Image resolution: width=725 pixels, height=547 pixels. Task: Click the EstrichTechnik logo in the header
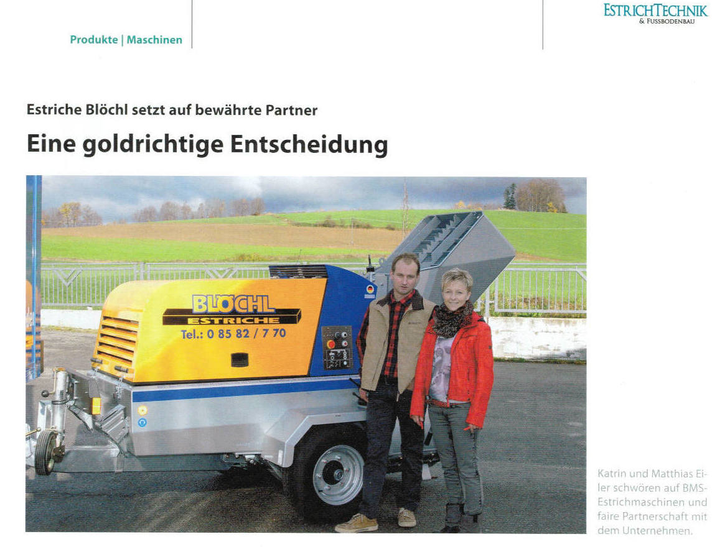click(x=655, y=12)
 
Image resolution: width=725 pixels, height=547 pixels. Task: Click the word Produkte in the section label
click(x=94, y=40)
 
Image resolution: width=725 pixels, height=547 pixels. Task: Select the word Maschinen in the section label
click(x=155, y=40)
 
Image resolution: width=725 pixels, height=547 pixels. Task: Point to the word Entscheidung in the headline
click(x=309, y=144)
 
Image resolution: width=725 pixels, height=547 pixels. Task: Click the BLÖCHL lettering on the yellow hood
click(x=233, y=303)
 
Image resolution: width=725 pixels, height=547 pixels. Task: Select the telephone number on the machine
click(x=233, y=334)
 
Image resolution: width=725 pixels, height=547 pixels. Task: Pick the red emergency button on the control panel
click(x=330, y=344)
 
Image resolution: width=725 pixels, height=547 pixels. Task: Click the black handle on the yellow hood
click(x=240, y=359)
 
